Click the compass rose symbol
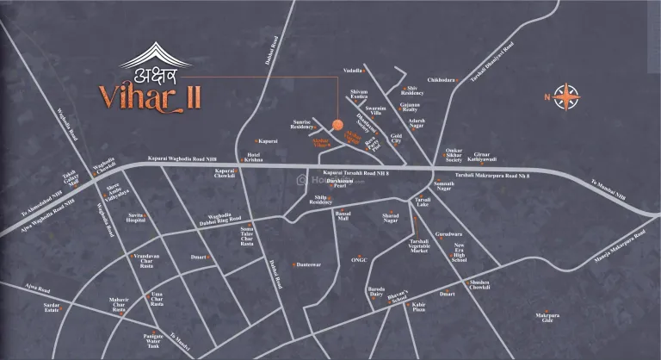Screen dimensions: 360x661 pyautogui.click(x=566, y=96)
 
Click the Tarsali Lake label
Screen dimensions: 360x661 pyautogui.click(x=421, y=203)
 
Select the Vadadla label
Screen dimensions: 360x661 pyautogui.click(x=353, y=67)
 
